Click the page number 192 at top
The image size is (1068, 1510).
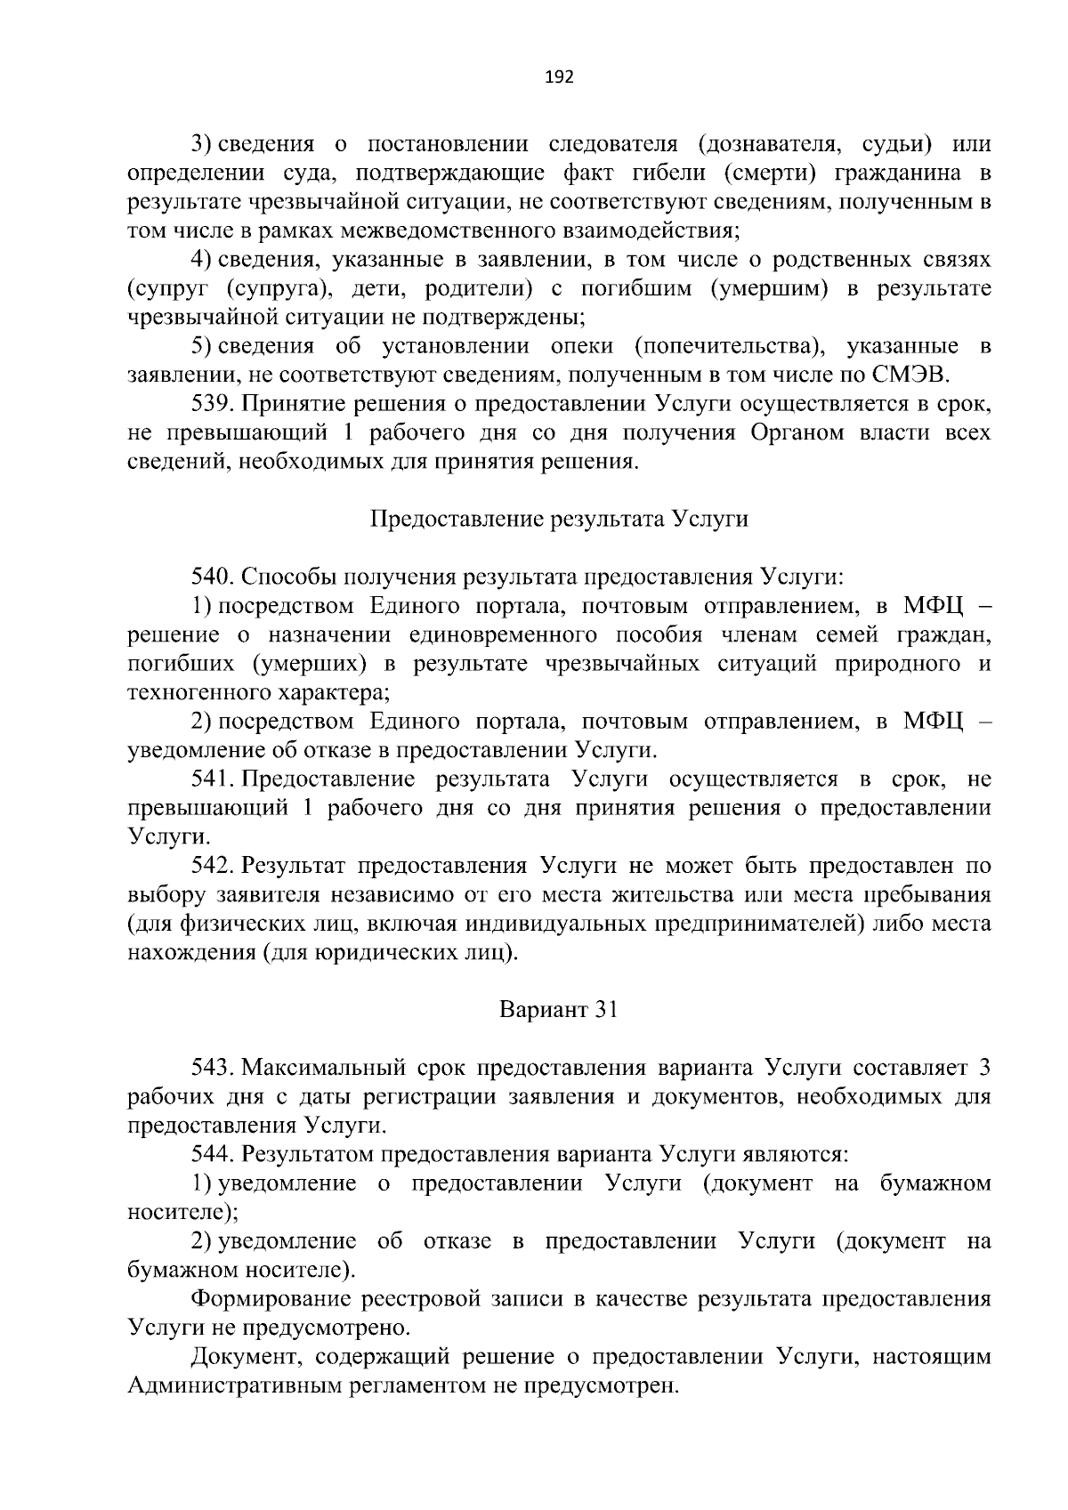(x=559, y=77)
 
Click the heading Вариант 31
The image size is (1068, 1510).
(x=559, y=1010)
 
